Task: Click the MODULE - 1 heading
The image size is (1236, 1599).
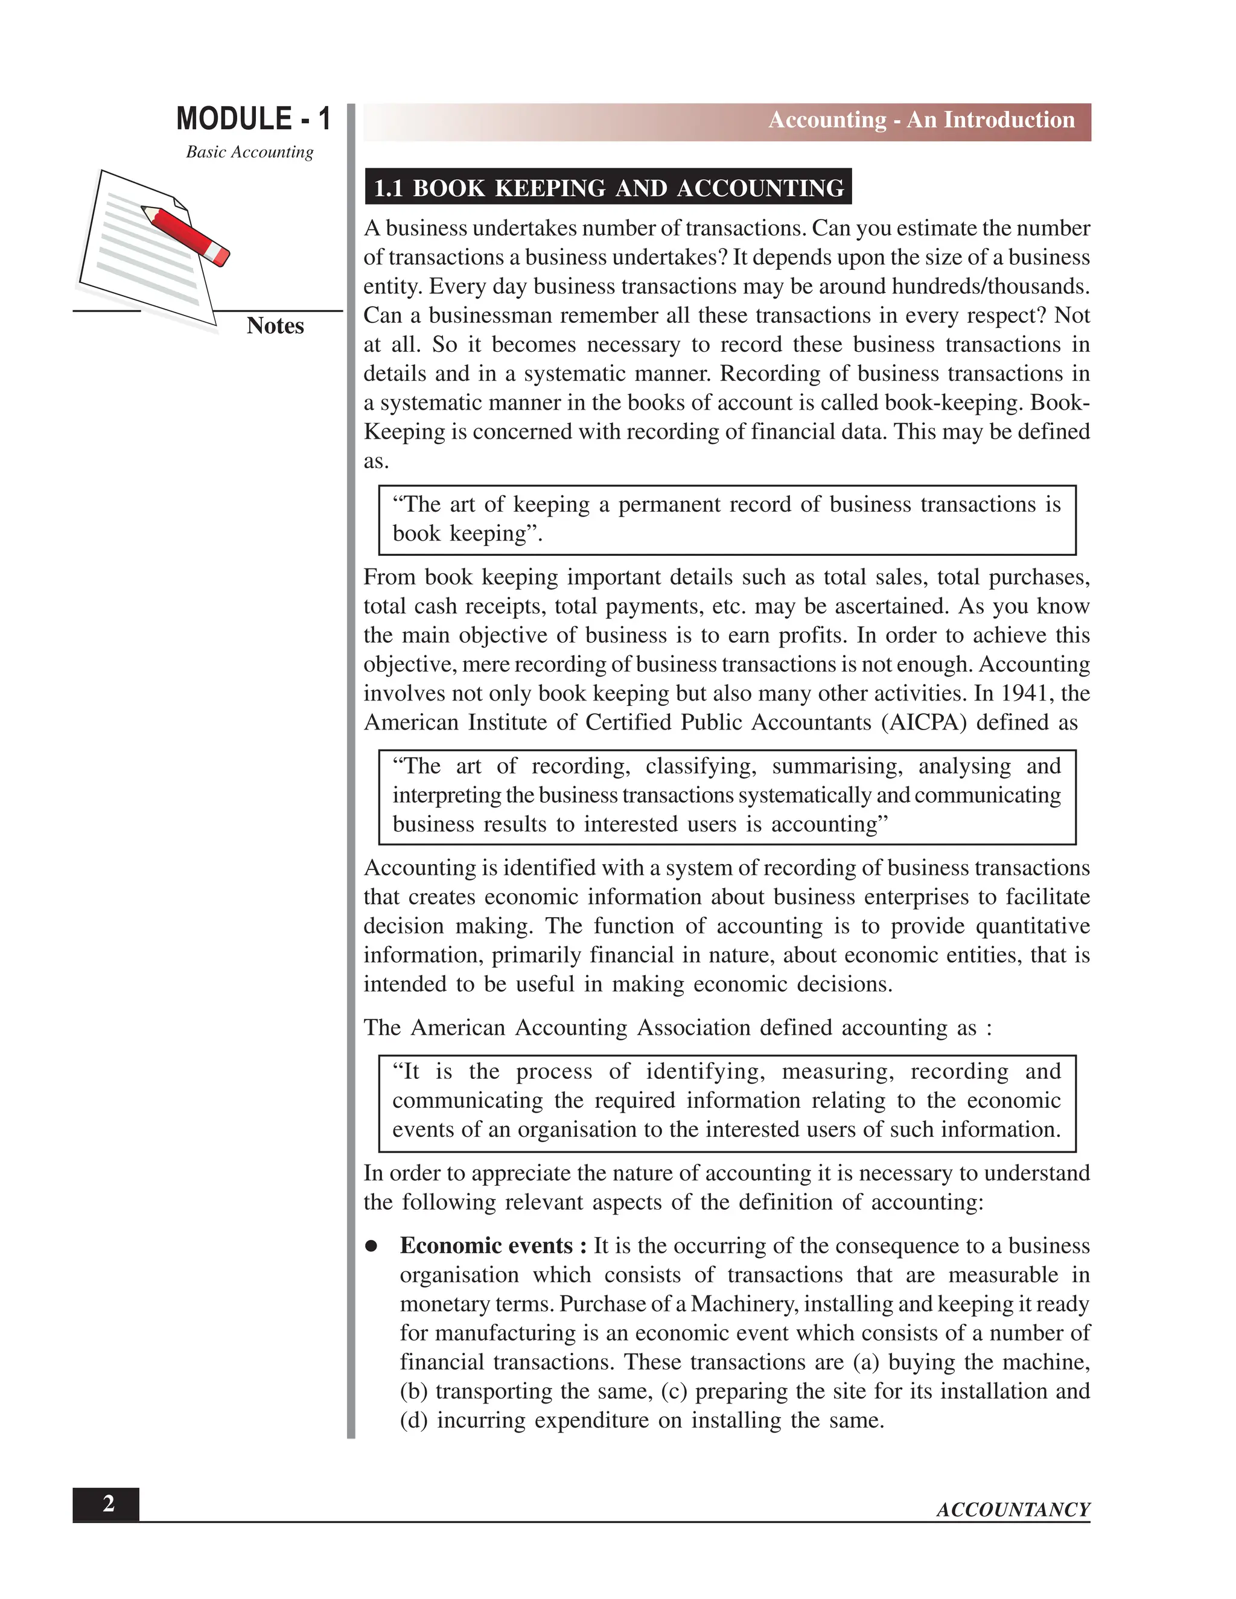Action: click(253, 119)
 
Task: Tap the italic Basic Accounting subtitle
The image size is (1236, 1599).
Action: click(249, 152)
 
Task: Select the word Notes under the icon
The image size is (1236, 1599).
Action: click(275, 326)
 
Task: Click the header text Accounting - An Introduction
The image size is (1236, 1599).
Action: click(920, 120)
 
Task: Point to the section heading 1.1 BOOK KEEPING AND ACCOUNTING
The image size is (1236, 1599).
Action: click(608, 188)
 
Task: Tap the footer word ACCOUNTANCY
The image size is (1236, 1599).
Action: click(1013, 1510)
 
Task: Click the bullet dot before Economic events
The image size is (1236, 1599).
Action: click(372, 1246)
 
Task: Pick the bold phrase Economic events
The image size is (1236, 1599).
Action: click(486, 1246)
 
